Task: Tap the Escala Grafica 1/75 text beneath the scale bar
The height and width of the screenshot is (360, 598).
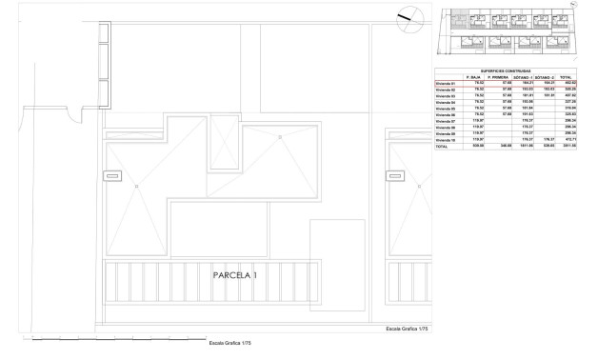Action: (x=230, y=344)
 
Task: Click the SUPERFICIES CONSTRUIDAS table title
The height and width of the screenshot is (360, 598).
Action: (x=506, y=70)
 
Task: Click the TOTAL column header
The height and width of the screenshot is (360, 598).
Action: (x=567, y=77)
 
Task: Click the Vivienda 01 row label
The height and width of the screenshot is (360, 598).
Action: (x=446, y=84)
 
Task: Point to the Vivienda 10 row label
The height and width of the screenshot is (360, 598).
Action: (x=446, y=140)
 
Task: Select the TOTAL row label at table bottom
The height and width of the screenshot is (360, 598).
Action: (x=441, y=147)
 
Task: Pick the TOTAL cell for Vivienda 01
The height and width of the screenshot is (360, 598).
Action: (x=567, y=84)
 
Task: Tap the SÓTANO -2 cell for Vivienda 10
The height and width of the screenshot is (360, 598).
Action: (x=544, y=140)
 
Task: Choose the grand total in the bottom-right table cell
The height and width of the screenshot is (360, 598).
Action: (x=567, y=147)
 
